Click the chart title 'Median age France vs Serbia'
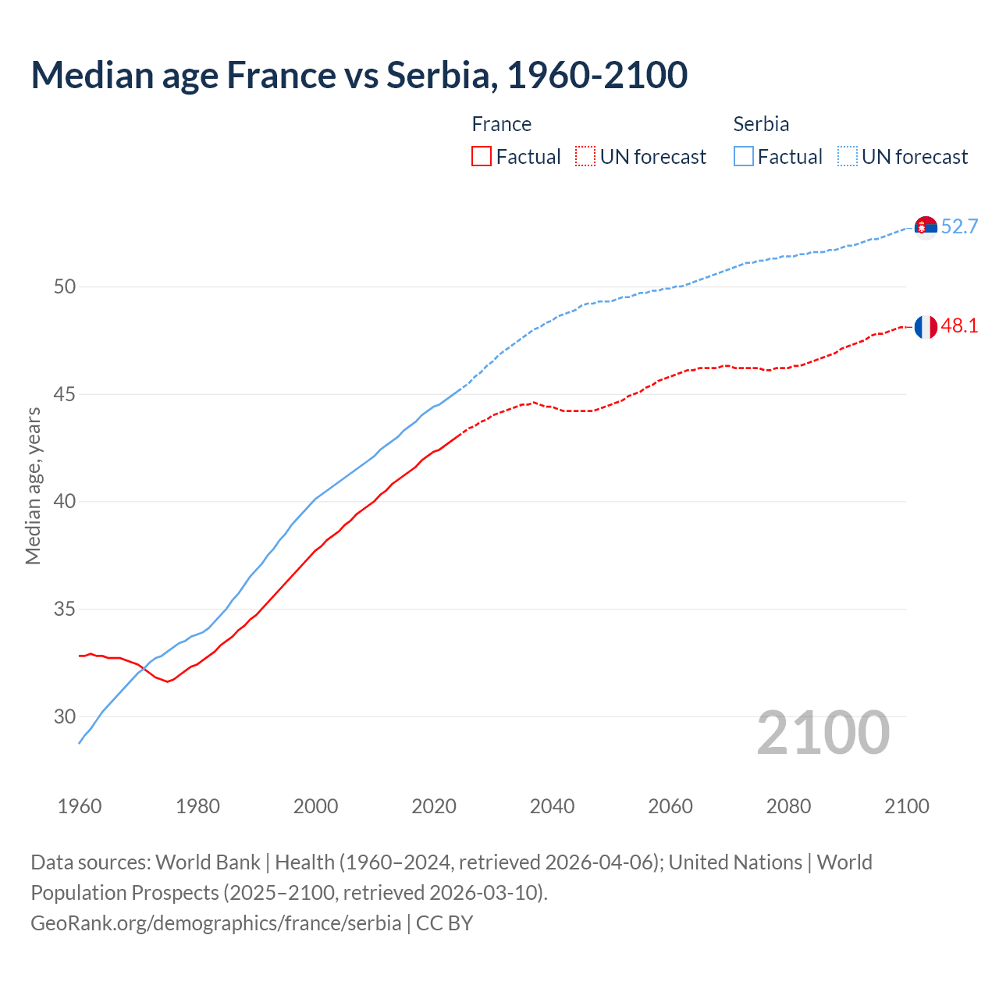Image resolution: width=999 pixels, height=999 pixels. [x=359, y=75]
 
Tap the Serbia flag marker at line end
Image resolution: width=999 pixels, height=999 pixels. [x=926, y=227]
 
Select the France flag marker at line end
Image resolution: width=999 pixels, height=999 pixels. [x=926, y=327]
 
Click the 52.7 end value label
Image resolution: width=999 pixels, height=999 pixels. [x=959, y=227]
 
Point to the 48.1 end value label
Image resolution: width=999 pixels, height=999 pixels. [x=959, y=326]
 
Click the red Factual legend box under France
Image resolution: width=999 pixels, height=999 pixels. [x=482, y=157]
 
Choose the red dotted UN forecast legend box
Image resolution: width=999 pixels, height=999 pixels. [x=585, y=157]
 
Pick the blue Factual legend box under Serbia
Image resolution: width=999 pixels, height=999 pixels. [x=744, y=157]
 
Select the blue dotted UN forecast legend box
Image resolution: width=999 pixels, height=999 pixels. [x=848, y=157]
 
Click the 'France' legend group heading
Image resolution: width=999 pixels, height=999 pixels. [x=501, y=124]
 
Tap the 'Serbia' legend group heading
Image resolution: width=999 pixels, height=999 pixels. [x=761, y=124]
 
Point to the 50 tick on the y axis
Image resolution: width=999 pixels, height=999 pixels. [x=65, y=287]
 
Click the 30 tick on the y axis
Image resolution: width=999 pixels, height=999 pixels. [x=65, y=716]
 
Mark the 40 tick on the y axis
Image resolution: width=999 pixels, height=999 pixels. [x=65, y=502]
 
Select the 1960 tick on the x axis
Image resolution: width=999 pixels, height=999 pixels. [x=80, y=806]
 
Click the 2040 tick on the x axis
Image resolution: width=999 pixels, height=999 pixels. [x=552, y=806]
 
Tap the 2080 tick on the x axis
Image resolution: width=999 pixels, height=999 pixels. [x=788, y=806]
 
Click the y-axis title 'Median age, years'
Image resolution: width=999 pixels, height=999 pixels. [x=33, y=485]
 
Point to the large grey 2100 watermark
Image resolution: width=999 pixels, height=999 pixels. [x=823, y=733]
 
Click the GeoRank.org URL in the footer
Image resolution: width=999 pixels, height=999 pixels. [x=215, y=923]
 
